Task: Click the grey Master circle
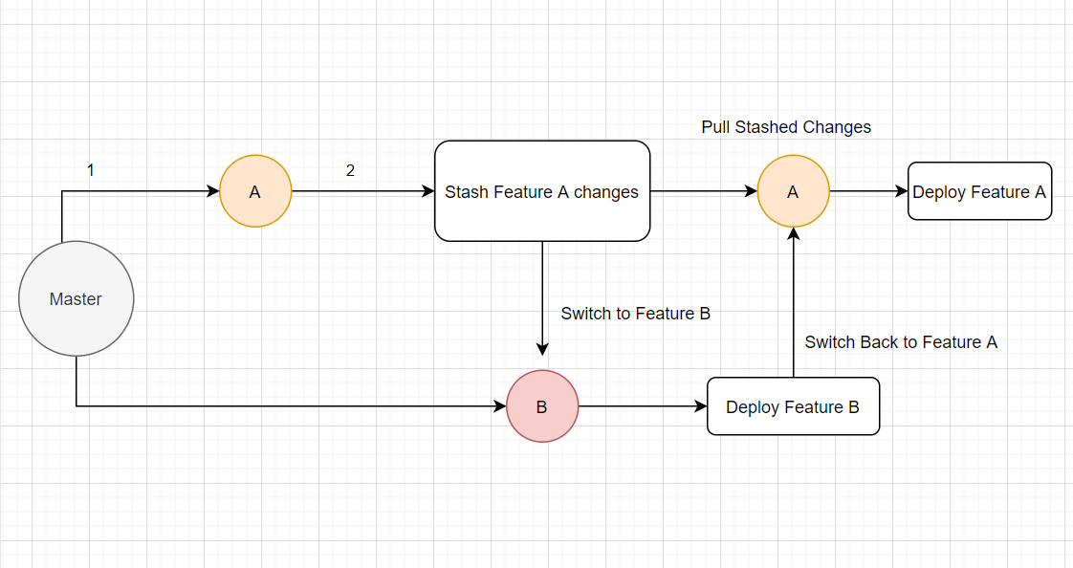[76, 299]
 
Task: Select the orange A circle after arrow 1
[255, 191]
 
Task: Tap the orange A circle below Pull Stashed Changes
[793, 191]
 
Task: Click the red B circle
[542, 406]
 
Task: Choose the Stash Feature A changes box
[542, 191]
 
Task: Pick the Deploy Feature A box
[979, 191]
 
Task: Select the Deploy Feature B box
[793, 406]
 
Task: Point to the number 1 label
[91, 170]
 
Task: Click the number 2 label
[350, 170]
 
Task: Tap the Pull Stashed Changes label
[786, 127]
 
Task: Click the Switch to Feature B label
[635, 314]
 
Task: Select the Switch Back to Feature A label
[901, 342]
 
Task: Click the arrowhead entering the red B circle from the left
[499, 406]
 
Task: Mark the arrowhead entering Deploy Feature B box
[700, 406]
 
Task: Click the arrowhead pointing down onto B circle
[542, 349]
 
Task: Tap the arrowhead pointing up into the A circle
[793, 234]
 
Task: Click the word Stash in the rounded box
[467, 192]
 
